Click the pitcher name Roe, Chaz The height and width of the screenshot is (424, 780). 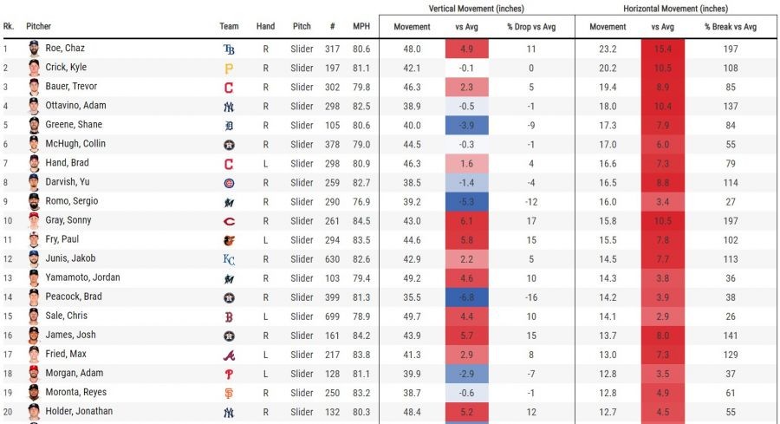(x=64, y=49)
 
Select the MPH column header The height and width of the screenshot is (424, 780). (x=361, y=27)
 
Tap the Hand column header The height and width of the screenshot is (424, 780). (x=265, y=27)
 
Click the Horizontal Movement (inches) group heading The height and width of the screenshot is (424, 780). (x=675, y=9)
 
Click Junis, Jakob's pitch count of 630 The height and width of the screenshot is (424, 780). (x=332, y=258)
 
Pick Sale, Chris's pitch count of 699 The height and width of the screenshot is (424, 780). (x=332, y=316)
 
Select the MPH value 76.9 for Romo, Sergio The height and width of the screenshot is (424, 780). (x=361, y=201)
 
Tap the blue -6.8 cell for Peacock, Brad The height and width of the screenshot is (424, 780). (x=466, y=297)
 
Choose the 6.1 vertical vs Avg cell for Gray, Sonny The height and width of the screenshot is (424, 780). (x=466, y=220)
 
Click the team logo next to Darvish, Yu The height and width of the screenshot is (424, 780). (x=229, y=182)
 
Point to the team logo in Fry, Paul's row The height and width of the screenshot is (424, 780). (x=229, y=239)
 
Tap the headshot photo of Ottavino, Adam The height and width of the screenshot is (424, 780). (x=34, y=106)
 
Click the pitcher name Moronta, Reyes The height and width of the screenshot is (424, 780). (x=76, y=393)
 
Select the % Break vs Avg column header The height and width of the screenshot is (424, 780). (x=731, y=27)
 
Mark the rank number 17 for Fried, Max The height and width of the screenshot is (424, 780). (x=8, y=355)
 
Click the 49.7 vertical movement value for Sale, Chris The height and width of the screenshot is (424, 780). (x=412, y=316)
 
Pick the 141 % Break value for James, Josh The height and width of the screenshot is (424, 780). (x=731, y=335)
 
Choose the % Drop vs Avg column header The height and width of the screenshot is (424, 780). (x=531, y=27)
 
